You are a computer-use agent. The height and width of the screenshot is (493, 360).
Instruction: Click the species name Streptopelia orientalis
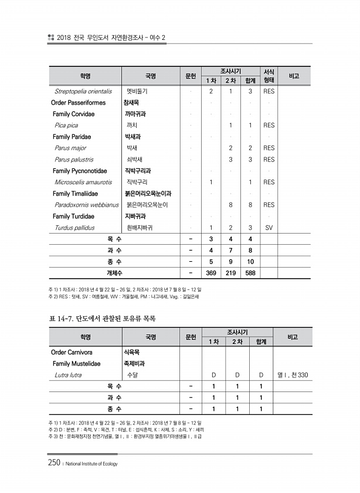click(x=83, y=92)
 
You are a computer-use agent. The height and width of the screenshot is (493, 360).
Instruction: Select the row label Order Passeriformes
click(x=79, y=103)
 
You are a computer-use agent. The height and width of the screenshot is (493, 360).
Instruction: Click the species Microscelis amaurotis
click(x=83, y=183)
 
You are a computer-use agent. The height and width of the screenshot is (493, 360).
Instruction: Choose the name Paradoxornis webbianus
click(x=87, y=205)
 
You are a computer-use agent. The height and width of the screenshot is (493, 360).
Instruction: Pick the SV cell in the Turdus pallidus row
click(x=269, y=228)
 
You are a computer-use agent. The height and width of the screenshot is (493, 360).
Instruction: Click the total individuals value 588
click(x=250, y=273)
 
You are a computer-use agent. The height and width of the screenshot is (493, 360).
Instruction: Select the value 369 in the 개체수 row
click(x=210, y=273)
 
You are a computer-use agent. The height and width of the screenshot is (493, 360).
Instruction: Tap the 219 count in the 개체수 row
click(x=231, y=273)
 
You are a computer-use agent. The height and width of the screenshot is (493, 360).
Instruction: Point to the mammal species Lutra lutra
click(x=68, y=375)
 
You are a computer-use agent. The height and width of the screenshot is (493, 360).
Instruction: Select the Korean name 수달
click(x=133, y=375)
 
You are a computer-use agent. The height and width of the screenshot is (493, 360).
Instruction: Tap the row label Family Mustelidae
click(x=76, y=364)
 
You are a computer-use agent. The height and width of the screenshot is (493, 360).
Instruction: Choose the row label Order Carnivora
click(x=73, y=352)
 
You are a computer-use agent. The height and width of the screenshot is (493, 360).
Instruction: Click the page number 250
click(x=54, y=463)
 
